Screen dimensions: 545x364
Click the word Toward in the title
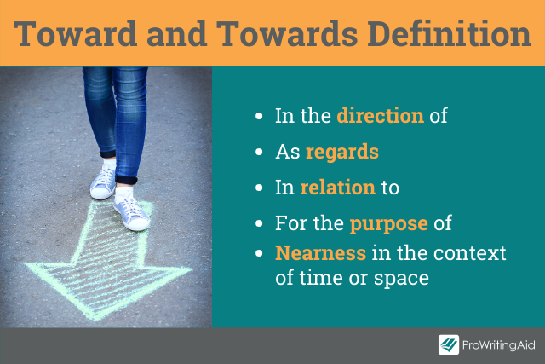point(76,33)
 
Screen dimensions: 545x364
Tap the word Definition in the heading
point(449,33)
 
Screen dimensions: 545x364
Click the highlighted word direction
point(381,116)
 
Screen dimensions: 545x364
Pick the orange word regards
point(342,153)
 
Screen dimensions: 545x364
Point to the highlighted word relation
point(338,187)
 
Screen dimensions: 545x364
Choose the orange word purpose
point(388,223)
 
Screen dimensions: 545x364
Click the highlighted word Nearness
point(320,252)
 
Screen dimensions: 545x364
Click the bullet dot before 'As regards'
point(259,152)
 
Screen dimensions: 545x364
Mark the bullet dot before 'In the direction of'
point(259,116)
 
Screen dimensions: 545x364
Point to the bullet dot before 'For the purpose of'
point(259,223)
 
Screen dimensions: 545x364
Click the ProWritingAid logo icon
point(449,345)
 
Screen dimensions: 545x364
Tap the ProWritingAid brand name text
point(499,345)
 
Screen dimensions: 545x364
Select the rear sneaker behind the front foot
point(103,180)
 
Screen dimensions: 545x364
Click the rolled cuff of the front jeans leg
point(126,180)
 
